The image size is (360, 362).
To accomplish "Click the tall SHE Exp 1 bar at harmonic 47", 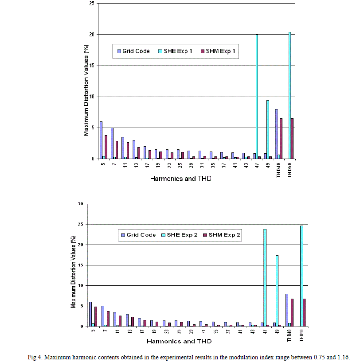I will coord(257,97).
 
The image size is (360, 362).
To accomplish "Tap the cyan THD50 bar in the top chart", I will coord(290,95).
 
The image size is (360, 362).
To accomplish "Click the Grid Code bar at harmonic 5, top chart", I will coord(101,140).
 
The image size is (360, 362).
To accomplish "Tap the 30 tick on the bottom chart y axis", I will coord(80,204).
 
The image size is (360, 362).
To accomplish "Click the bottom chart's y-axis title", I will coord(73,265).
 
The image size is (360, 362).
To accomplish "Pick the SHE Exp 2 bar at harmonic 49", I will coord(277,291).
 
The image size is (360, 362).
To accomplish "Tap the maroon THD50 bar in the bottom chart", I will coord(304,312).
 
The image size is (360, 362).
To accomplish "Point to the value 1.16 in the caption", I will coord(343,357).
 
